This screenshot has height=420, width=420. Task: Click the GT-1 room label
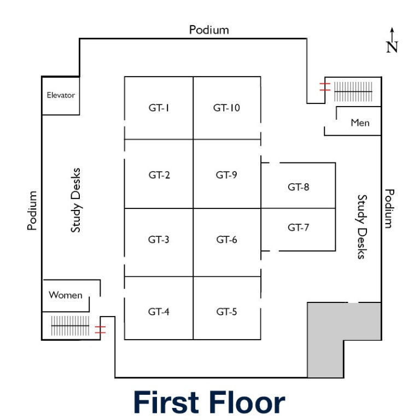(159, 108)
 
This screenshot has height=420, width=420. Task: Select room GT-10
(226, 108)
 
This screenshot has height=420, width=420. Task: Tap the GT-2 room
(159, 175)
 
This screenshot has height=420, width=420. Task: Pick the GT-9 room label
(226, 175)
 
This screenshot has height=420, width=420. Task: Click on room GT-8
(299, 187)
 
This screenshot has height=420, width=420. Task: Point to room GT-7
(299, 227)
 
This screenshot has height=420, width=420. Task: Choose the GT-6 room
(226, 239)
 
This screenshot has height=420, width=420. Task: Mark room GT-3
(159, 239)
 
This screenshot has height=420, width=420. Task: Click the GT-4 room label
(159, 312)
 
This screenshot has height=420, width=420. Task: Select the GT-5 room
(226, 312)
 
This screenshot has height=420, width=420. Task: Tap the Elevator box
(60, 95)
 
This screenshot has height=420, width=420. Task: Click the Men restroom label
(360, 122)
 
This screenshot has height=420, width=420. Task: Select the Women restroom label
(66, 295)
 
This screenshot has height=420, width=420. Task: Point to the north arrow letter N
(392, 47)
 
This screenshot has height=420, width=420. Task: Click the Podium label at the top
(209, 30)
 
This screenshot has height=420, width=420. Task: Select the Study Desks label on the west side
(75, 200)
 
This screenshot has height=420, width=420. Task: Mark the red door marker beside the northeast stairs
(324, 86)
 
